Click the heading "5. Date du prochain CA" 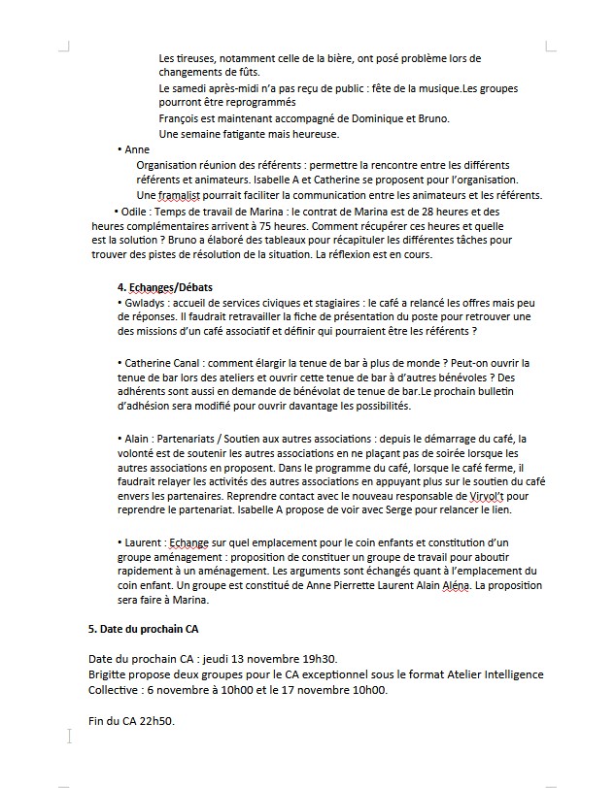tap(144, 629)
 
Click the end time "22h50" tap(155, 721)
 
